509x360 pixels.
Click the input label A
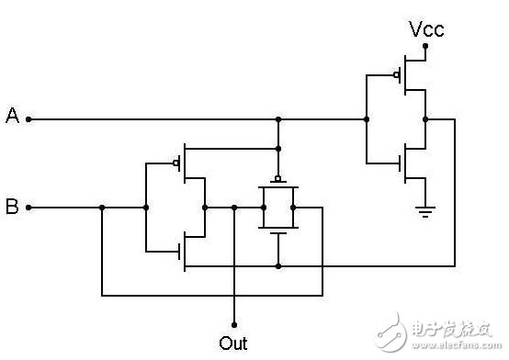click(13, 116)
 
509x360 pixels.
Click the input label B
click(13, 207)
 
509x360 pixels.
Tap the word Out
click(233, 343)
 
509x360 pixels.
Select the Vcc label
click(426, 30)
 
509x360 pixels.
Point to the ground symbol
click(424, 212)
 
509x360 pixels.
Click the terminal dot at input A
click(28, 118)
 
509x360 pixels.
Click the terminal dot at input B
click(28, 208)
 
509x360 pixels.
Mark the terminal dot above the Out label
click(234, 324)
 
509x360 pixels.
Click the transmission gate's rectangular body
click(277, 208)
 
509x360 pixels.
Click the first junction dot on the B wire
click(102, 208)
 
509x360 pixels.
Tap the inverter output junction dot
click(425, 118)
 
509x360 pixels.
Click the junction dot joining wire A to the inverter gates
click(366, 118)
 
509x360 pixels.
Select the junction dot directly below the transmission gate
click(277, 265)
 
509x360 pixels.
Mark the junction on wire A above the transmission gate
click(277, 118)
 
